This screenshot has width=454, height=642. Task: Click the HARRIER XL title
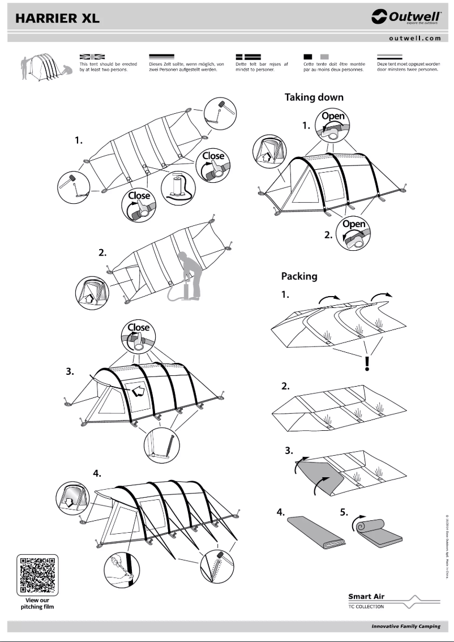coord(58,18)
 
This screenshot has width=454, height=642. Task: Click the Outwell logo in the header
coord(405,18)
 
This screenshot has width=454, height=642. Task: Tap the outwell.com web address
coord(414,38)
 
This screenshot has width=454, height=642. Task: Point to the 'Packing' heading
coord(299,276)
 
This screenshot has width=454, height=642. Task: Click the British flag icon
coord(92,57)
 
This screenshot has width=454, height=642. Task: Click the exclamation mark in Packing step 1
coord(367,362)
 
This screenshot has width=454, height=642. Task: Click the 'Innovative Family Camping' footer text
coord(405,626)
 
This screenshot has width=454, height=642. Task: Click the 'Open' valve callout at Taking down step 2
coord(355,232)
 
